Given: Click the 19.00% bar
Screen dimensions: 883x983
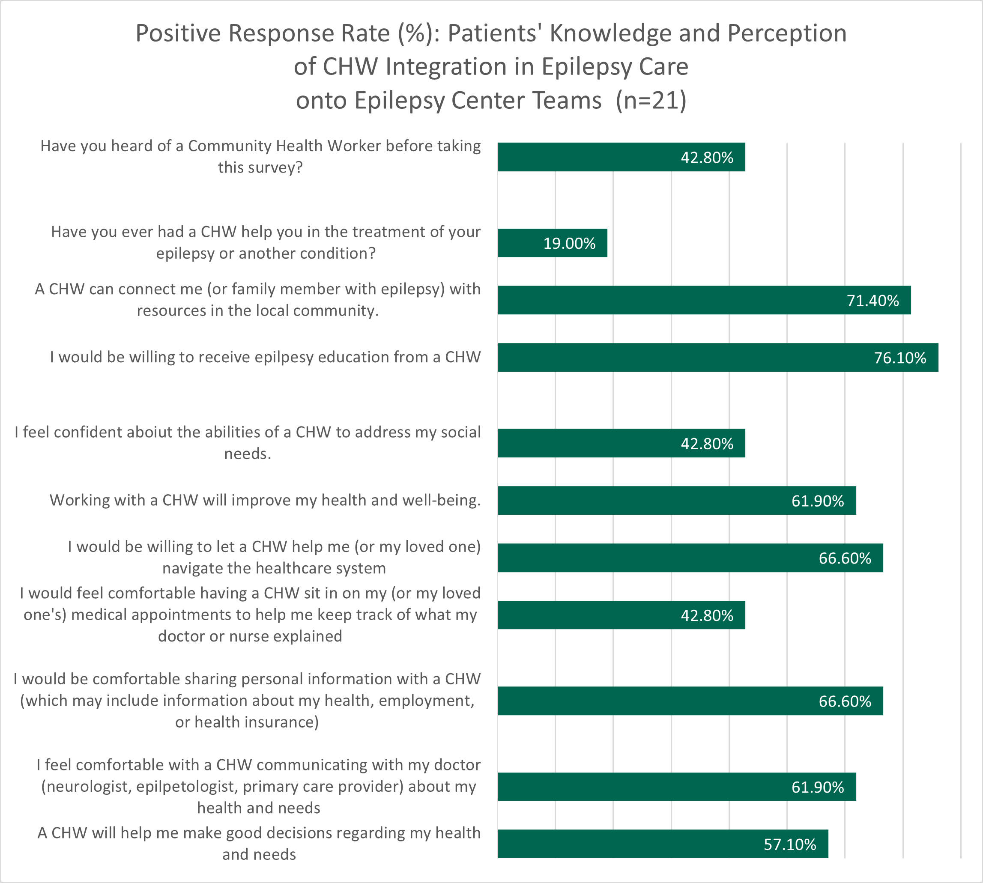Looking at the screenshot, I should point(552,243).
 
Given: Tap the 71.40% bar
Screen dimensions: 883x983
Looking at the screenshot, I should point(704,300).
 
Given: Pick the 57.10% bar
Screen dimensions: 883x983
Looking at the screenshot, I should point(663,844).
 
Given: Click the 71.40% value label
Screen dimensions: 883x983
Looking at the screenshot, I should point(873,301).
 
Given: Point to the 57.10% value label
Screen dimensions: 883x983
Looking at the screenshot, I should point(790,844).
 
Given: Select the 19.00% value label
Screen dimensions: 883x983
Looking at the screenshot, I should point(569,244).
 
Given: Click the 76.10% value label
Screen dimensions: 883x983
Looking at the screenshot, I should point(900,358).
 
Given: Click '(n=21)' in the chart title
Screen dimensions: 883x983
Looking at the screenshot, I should point(651,101).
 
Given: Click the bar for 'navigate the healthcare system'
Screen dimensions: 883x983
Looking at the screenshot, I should point(690,558).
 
